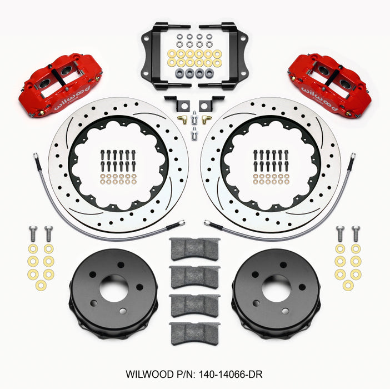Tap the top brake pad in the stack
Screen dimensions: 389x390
click(x=194, y=249)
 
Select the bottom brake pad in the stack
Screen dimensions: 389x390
click(x=194, y=333)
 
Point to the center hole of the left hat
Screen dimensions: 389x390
click(x=114, y=287)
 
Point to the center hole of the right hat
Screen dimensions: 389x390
click(x=276, y=287)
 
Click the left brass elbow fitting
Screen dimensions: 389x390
click(x=182, y=118)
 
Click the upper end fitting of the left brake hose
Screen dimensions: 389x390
click(x=36, y=157)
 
